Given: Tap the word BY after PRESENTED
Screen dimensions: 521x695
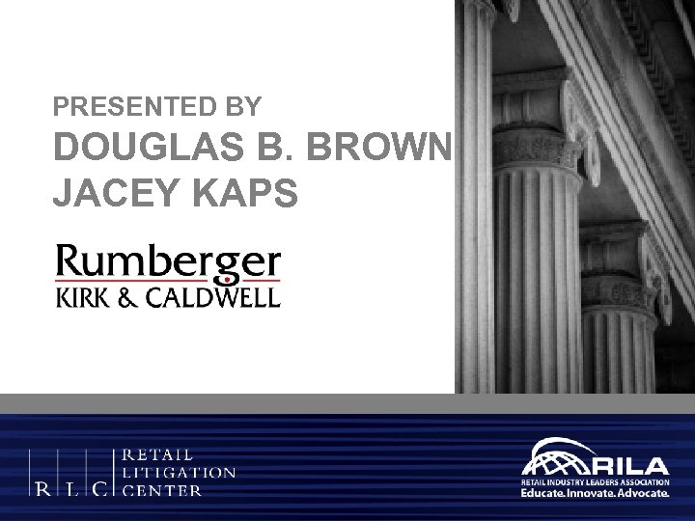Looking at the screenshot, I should pos(252,103).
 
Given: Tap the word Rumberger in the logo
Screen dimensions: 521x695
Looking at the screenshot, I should pos(169,261).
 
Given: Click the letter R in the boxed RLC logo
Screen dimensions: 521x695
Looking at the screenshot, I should pos(44,489).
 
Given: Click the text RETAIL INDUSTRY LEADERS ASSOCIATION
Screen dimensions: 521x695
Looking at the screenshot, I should pos(594,480).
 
